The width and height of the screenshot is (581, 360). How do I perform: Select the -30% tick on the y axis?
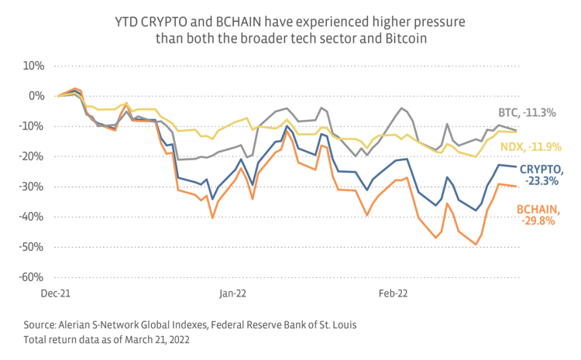click(x=33, y=187)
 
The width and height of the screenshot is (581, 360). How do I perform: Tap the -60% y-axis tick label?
click(x=33, y=277)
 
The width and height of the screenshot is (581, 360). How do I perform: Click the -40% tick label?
click(x=33, y=217)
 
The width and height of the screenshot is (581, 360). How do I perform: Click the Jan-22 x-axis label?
click(x=232, y=294)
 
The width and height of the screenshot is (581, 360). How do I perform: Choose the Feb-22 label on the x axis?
click(x=393, y=294)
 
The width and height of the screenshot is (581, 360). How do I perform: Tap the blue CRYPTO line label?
click(x=540, y=175)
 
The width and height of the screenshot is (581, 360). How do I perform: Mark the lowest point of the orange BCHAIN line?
click(x=476, y=245)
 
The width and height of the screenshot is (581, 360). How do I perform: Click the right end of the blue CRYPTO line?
click(x=517, y=167)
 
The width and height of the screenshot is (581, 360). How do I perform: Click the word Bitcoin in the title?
click(x=402, y=38)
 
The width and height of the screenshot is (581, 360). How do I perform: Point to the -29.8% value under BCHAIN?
click(x=538, y=221)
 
